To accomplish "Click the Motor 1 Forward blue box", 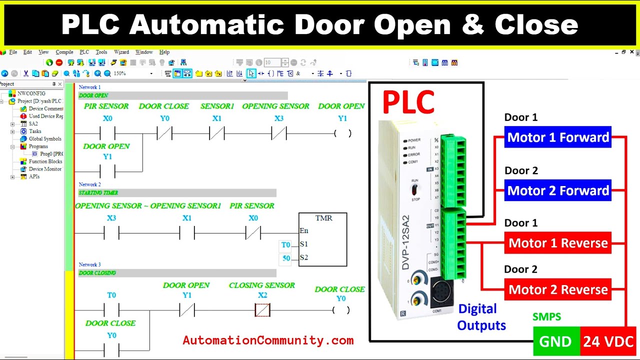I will (x=558, y=137).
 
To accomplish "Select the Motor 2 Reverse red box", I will (x=558, y=289).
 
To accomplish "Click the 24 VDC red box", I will (x=608, y=341).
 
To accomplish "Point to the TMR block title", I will (x=323, y=218).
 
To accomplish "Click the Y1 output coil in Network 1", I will (x=342, y=133).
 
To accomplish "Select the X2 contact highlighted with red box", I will (x=262, y=310).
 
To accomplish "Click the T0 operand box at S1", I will (x=285, y=245).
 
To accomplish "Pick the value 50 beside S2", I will (x=286, y=258).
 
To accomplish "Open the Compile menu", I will (x=64, y=52).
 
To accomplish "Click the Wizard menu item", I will (x=121, y=52).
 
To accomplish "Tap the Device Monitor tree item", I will (x=45, y=169).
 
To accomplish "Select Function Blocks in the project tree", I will (x=45, y=161).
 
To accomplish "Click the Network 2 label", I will (x=89, y=184).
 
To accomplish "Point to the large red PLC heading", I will (x=408, y=102).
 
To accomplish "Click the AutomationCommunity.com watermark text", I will (x=268, y=340).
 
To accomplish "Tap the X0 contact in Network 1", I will (x=107, y=133).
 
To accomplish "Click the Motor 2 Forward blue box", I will (x=558, y=191).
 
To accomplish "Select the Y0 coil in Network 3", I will (x=341, y=310).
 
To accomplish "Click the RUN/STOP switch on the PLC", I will (x=414, y=190).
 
